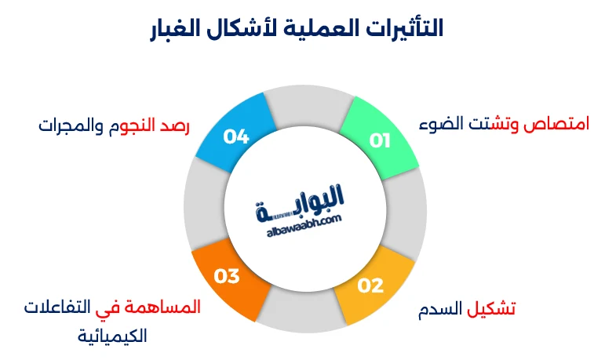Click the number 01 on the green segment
tap(381, 141)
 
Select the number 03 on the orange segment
tap(226, 276)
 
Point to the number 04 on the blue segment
tap(235, 136)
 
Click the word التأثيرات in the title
tap(397, 28)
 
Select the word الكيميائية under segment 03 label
tap(113, 336)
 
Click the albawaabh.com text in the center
tap(303, 226)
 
